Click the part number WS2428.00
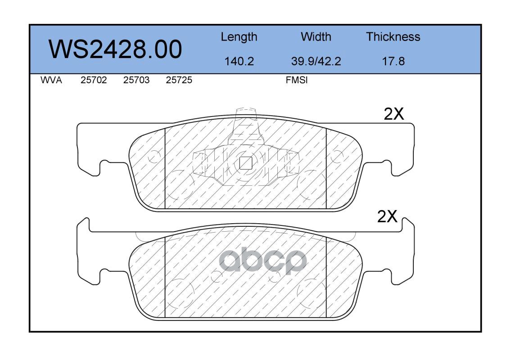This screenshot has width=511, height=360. pos(115,49)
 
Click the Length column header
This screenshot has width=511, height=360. pos(239,37)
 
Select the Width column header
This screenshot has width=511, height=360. pos(316,36)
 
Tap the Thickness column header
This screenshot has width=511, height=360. pos(393,36)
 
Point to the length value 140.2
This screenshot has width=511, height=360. pos(239,61)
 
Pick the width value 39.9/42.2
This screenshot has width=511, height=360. pos(316,61)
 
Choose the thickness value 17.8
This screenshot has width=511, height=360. pos(393,61)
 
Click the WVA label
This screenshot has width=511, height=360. pos(51,80)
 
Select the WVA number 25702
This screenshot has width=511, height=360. pos(94,80)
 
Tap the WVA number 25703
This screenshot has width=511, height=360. pos(136,80)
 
